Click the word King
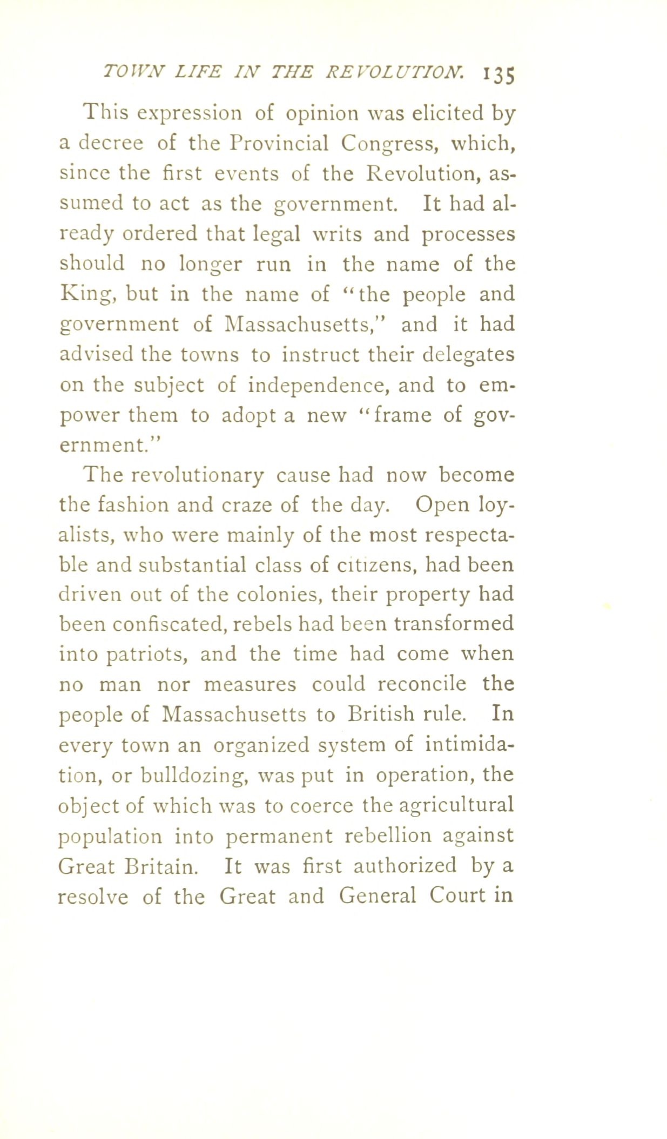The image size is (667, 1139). tap(86, 295)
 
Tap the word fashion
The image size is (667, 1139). tap(134, 504)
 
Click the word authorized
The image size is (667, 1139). tap(405, 866)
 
